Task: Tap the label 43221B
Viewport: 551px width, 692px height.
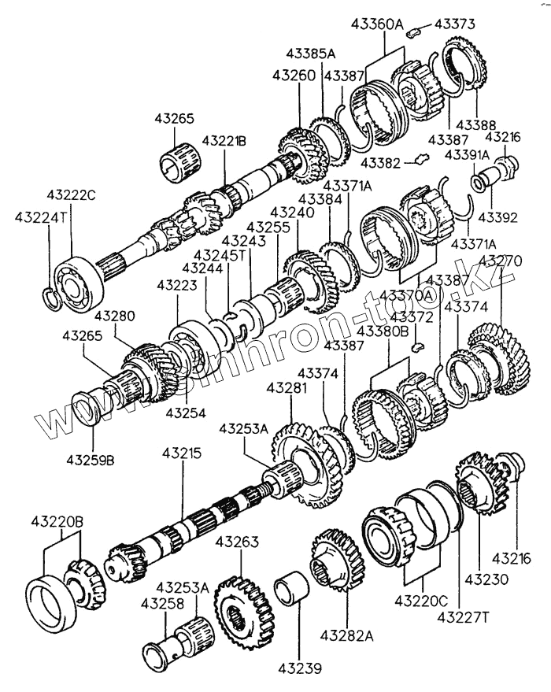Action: [x=224, y=140]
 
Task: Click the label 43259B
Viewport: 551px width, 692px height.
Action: [x=90, y=457]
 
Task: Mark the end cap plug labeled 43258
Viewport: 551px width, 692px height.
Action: [x=162, y=650]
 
